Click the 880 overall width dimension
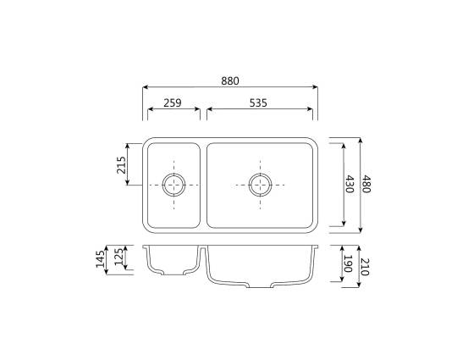(230, 80)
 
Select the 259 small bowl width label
(173, 103)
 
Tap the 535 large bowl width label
(258, 103)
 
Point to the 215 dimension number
(121, 165)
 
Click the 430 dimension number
(350, 184)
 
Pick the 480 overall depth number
(366, 184)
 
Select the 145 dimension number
(100, 258)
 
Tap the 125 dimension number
(118, 257)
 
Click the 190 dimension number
(348, 263)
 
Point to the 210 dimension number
(365, 267)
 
